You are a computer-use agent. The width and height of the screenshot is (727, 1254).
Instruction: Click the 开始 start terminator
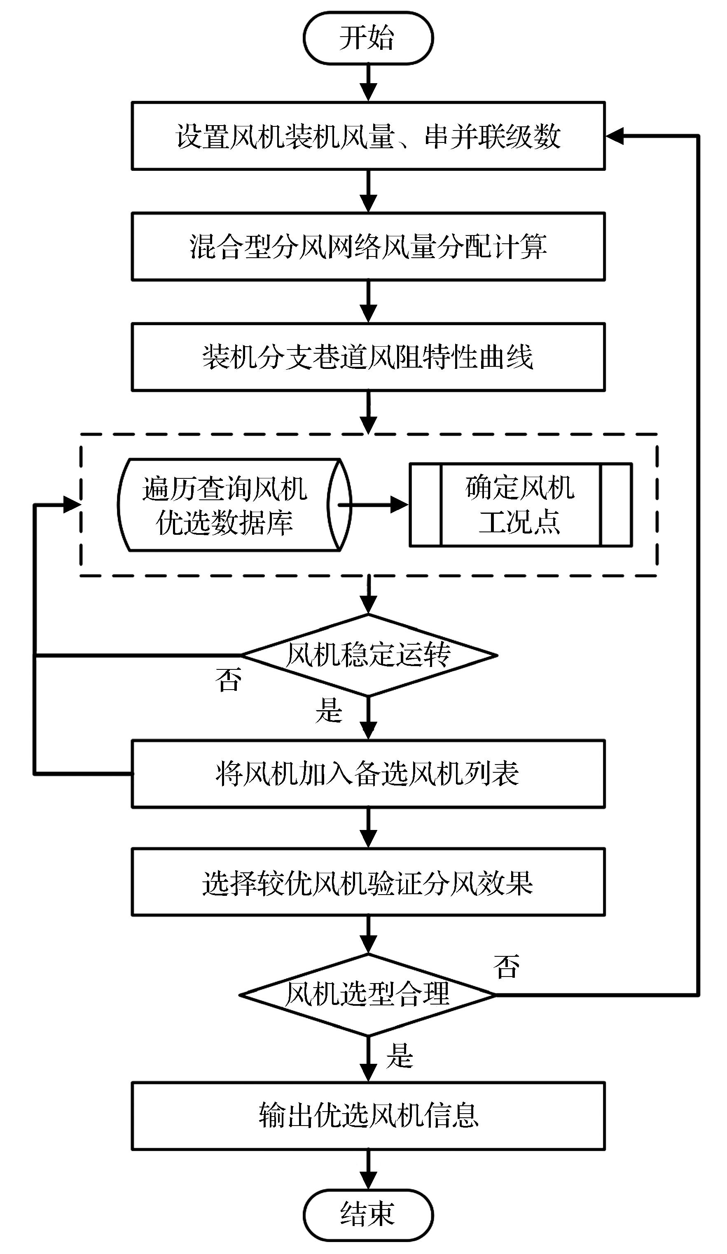[368, 38]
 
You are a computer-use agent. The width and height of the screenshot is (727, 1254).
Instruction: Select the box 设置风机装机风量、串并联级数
[368, 136]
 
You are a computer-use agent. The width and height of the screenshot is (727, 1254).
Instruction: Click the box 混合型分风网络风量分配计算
[368, 246]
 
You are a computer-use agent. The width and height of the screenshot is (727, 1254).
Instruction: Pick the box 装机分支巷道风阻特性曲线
[368, 357]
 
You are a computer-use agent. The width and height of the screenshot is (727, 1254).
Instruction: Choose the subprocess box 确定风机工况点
[520, 505]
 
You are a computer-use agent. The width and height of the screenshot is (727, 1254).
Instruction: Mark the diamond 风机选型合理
[368, 994]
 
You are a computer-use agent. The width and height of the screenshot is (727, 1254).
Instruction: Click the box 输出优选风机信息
[368, 1115]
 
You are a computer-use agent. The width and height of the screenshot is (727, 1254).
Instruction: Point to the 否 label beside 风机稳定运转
[229, 679]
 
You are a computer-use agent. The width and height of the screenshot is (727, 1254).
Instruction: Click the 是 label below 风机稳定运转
[329, 710]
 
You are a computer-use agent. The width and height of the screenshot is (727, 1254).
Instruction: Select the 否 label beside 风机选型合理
[506, 966]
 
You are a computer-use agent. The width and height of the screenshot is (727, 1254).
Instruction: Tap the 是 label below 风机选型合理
[400, 1055]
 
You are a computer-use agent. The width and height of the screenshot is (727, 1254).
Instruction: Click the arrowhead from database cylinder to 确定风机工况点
[400, 505]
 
